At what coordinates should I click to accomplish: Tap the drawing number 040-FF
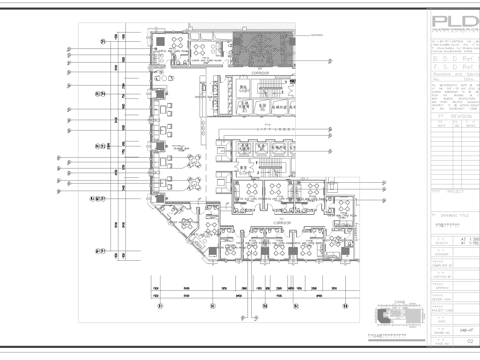pyautogui.click(x=450, y=327)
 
